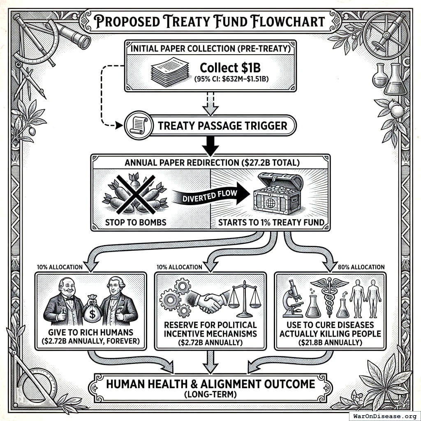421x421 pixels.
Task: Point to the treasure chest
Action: tap(279, 194)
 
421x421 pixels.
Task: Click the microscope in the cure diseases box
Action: tap(293, 298)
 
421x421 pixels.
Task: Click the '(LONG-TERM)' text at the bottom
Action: tap(210, 396)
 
